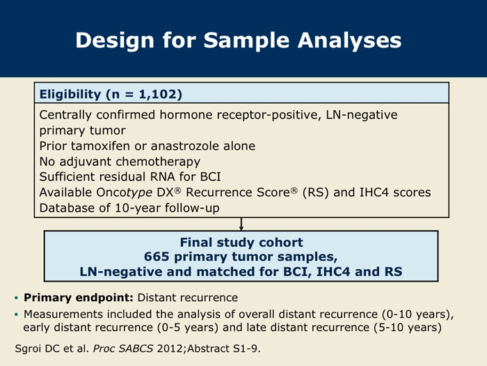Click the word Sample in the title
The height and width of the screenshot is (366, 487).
pyautogui.click(x=246, y=40)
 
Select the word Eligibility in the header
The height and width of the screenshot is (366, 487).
pyautogui.click(x=70, y=94)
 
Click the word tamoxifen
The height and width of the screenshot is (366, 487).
pyautogui.click(x=99, y=146)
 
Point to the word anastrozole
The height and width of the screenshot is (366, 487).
pyautogui.click(x=180, y=146)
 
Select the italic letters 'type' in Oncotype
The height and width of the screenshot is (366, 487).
pyautogui.click(x=139, y=193)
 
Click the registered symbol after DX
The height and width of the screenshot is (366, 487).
pyautogui.click(x=177, y=190)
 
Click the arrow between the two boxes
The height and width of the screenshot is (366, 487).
pyautogui.click(x=241, y=224)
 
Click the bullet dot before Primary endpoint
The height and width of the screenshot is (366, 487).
pyautogui.click(x=16, y=298)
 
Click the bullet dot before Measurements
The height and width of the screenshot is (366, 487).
pyautogui.click(x=16, y=314)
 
